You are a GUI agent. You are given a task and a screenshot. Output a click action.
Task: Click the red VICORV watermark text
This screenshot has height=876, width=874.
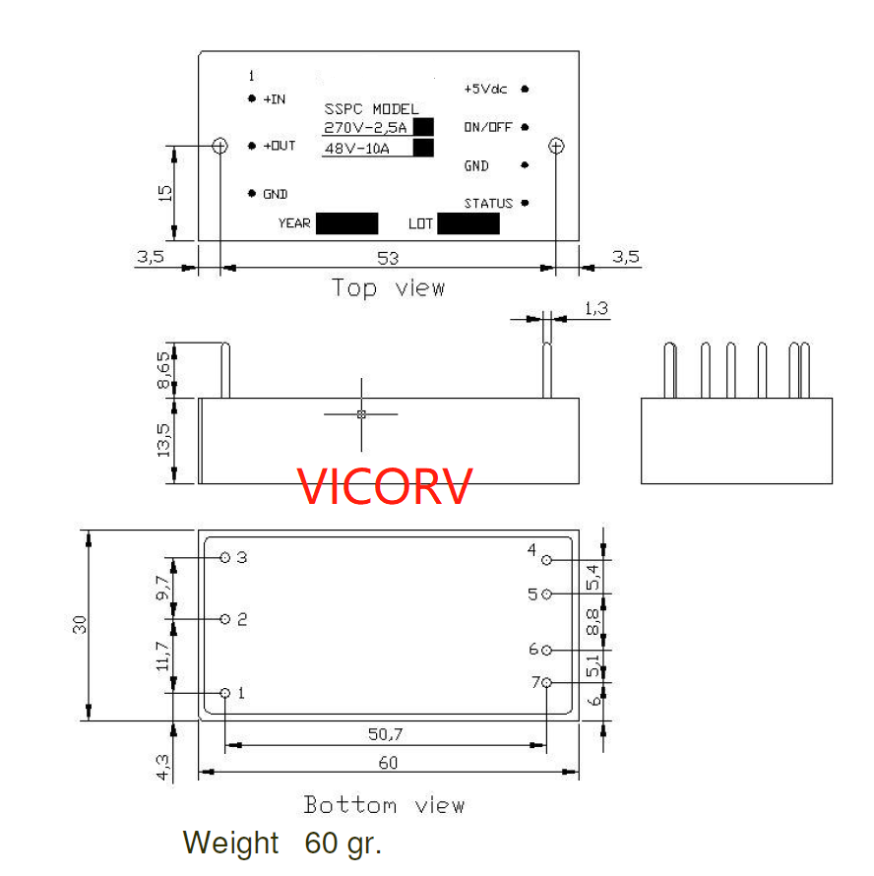tap(386, 486)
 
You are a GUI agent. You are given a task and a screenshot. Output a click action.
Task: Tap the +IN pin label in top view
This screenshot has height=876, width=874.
tap(275, 99)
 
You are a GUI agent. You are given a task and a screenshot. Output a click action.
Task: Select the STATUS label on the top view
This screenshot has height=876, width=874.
tap(488, 204)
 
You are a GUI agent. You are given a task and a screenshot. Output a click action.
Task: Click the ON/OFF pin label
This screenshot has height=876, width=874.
tap(488, 128)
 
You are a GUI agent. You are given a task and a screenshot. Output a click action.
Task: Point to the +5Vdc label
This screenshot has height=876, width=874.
tap(485, 89)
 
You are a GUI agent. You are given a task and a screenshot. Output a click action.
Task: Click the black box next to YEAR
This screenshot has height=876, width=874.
tap(347, 223)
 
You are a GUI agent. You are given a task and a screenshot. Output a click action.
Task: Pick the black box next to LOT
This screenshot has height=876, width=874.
tap(468, 223)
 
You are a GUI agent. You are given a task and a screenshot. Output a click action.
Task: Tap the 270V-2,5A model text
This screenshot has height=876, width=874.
tap(366, 127)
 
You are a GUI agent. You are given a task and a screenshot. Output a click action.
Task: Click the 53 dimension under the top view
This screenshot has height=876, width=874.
tap(388, 258)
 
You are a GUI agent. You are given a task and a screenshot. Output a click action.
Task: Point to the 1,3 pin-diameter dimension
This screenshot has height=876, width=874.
tap(596, 309)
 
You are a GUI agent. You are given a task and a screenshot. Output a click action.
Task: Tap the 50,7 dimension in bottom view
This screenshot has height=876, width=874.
tap(386, 734)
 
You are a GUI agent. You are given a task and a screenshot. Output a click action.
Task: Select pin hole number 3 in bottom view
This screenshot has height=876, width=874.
tap(225, 557)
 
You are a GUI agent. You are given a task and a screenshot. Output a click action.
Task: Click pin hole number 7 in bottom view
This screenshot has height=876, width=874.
tap(547, 682)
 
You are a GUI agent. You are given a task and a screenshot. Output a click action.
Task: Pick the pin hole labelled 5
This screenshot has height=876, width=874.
tap(547, 594)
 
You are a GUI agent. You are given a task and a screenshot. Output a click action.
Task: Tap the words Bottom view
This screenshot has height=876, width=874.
tap(384, 805)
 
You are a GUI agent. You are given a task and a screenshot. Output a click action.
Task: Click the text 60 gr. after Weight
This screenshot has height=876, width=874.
tap(343, 844)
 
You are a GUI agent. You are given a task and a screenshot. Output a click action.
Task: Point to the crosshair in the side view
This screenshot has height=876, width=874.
tap(361, 414)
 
